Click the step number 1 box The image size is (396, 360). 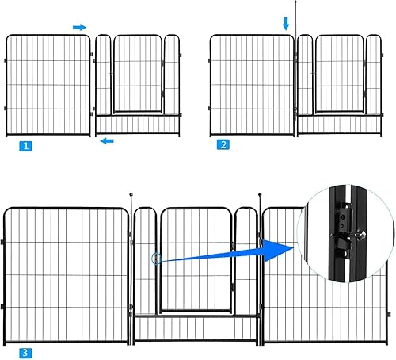27,146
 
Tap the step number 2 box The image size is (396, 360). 224,145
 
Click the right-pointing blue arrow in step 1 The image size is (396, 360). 79,27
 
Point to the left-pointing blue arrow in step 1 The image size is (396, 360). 107,141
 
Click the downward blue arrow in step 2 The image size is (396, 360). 286,25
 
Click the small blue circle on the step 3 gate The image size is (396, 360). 157,259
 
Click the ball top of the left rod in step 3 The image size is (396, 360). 129,194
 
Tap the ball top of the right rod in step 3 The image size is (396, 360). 259,194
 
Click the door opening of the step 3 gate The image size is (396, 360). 196,262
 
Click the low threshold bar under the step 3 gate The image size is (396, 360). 196,316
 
